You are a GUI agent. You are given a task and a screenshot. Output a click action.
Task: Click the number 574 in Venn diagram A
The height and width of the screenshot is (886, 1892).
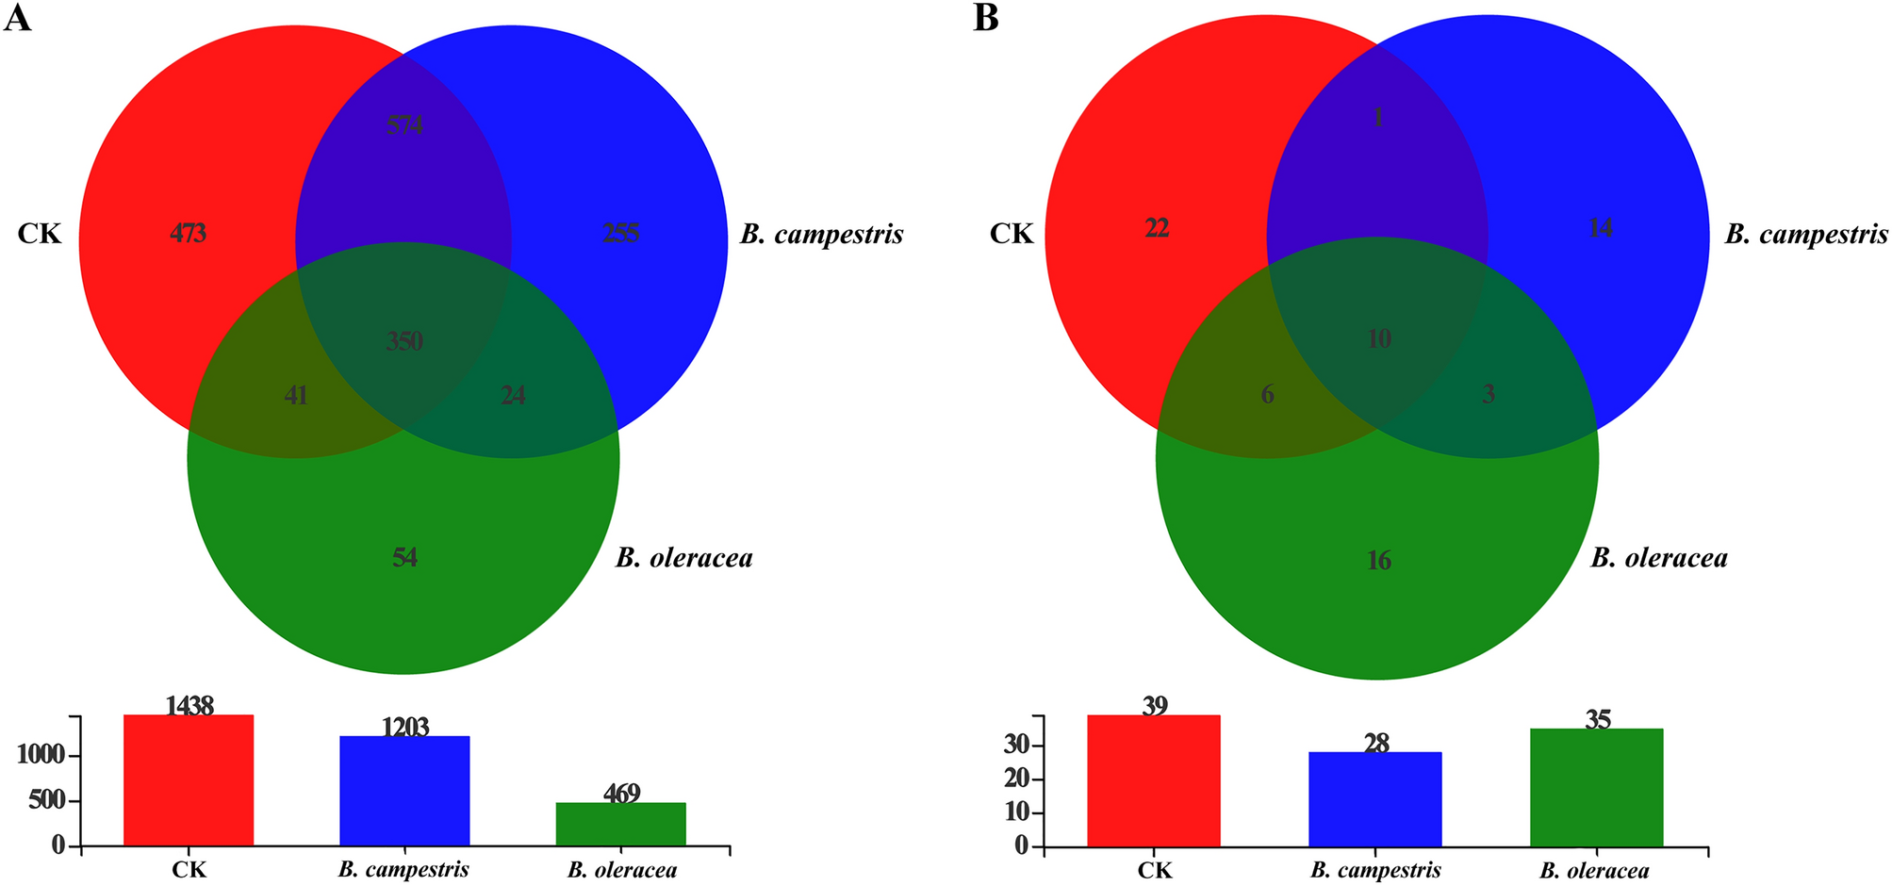(404, 124)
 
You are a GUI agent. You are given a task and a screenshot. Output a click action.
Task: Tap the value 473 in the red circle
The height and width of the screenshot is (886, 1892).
(189, 233)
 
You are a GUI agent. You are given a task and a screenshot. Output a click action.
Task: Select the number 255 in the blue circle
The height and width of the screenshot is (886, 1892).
(620, 233)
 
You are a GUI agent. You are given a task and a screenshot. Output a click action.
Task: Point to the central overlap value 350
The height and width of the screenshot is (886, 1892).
(404, 341)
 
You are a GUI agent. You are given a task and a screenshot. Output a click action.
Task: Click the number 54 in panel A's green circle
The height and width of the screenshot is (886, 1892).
(404, 558)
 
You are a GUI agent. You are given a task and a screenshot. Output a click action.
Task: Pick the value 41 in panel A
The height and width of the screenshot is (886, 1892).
(296, 396)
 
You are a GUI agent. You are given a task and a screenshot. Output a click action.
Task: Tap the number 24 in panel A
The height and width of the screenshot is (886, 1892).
(513, 396)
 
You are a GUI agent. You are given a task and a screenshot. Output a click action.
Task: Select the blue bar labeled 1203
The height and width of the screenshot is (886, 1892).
(404, 791)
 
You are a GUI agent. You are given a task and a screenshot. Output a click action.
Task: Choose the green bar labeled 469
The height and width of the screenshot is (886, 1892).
(620, 824)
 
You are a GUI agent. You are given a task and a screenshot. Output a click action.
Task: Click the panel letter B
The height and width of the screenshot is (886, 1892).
(985, 18)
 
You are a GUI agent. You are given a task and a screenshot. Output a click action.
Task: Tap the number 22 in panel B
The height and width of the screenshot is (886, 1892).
(1157, 228)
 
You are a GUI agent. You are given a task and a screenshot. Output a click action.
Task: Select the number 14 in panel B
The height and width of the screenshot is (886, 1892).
(1601, 228)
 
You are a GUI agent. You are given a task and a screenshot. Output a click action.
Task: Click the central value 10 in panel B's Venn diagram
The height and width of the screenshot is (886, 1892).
(1378, 339)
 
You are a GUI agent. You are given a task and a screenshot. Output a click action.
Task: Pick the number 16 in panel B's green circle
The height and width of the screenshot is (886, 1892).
(1378, 561)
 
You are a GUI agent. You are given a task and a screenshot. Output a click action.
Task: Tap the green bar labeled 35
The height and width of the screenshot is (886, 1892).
(1597, 787)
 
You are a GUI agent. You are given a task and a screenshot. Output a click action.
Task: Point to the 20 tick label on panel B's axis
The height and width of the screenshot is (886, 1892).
(1020, 779)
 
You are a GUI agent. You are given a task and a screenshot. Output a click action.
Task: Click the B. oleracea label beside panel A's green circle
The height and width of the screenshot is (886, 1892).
(684, 558)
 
